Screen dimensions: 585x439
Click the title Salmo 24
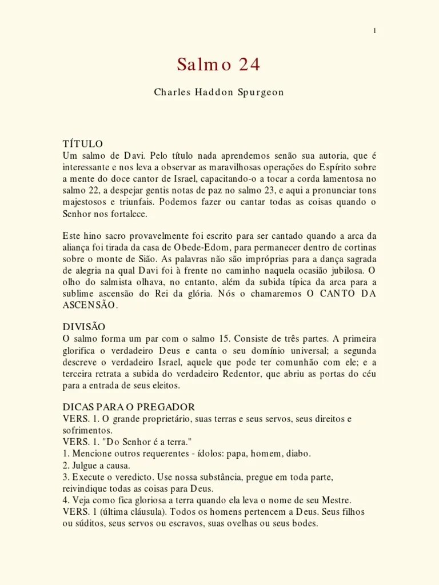tap(218, 65)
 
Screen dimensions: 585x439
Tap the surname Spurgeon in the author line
tap(260, 92)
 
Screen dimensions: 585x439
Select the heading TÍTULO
tap(83, 143)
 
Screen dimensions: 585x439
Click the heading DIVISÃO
tap(84, 327)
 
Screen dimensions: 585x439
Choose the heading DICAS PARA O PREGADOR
tap(129, 407)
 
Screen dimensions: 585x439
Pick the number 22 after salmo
tap(90, 190)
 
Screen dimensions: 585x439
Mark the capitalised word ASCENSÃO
tap(90, 305)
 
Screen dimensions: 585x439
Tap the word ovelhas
tap(240, 523)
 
